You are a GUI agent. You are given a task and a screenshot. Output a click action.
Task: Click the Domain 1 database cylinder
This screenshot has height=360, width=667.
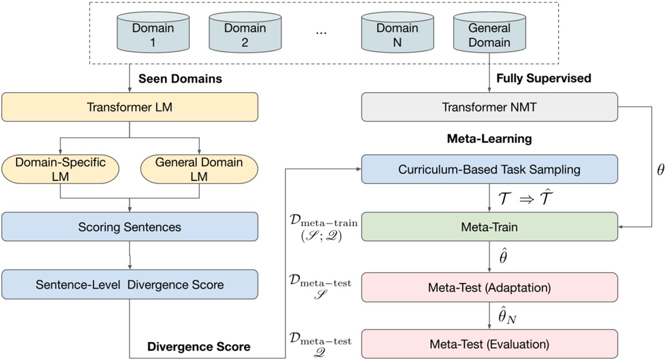(145, 35)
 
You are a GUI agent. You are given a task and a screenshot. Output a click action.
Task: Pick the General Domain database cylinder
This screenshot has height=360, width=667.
(489, 35)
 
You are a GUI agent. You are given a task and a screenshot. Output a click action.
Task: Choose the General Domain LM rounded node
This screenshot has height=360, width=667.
(199, 169)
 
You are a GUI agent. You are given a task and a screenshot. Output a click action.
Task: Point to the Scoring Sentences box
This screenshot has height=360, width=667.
(130, 226)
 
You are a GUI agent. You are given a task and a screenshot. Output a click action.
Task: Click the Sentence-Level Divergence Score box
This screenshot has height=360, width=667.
(130, 284)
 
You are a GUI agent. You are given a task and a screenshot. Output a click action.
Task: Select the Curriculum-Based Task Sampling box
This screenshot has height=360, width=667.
(489, 169)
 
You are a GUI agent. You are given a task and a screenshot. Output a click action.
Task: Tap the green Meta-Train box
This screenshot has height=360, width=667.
(489, 227)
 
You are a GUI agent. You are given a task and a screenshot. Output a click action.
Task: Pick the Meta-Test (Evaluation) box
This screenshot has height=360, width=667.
(489, 344)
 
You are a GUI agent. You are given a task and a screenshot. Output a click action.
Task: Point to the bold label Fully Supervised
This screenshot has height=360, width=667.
(536, 78)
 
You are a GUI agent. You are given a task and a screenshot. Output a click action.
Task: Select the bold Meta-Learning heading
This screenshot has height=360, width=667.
(489, 139)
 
